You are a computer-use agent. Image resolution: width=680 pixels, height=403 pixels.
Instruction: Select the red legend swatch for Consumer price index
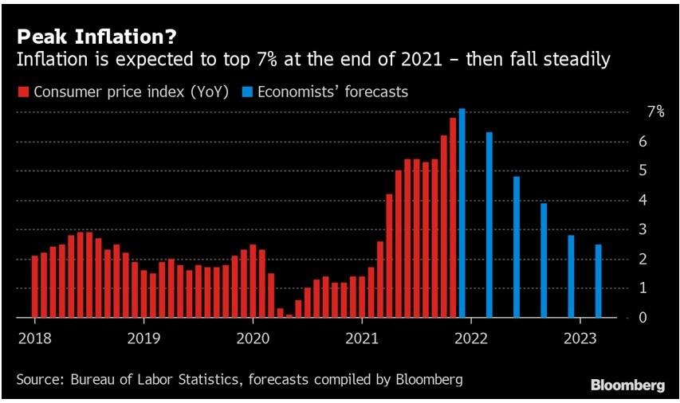point(23,92)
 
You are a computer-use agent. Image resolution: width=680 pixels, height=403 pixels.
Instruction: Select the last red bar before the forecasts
point(453,218)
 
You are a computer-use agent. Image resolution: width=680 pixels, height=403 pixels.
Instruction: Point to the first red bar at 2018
point(35,287)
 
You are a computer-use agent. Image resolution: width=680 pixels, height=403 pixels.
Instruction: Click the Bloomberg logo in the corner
point(627,385)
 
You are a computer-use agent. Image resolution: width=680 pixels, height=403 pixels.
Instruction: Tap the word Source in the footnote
point(38,379)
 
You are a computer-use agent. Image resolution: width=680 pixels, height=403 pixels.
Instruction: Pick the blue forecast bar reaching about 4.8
point(517,247)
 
